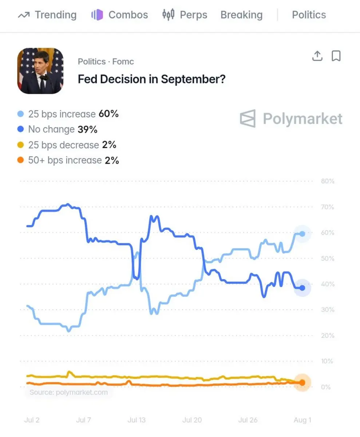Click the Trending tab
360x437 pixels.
(x=47, y=15)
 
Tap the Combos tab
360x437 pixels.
(x=120, y=15)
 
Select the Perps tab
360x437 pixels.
(x=185, y=15)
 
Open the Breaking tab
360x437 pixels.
(x=242, y=15)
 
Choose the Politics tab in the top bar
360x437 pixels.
(x=309, y=15)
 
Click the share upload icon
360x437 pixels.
(x=317, y=56)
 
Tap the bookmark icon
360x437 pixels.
(x=336, y=56)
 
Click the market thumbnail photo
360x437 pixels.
(x=40, y=71)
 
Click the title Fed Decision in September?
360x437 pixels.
(x=152, y=79)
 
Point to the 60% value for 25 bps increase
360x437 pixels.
(x=108, y=114)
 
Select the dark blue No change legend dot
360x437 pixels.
(x=20, y=129)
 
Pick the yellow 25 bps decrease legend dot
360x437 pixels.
(x=20, y=145)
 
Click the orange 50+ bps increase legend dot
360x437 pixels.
(x=20, y=160)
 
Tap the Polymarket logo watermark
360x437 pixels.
(x=291, y=119)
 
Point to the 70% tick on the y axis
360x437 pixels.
(x=328, y=207)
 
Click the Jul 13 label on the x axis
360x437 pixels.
(x=137, y=420)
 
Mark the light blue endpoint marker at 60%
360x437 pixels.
(x=302, y=234)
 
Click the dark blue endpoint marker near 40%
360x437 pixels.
(x=302, y=288)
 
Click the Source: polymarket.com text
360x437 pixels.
(x=68, y=392)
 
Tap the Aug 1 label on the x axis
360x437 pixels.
(x=302, y=420)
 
